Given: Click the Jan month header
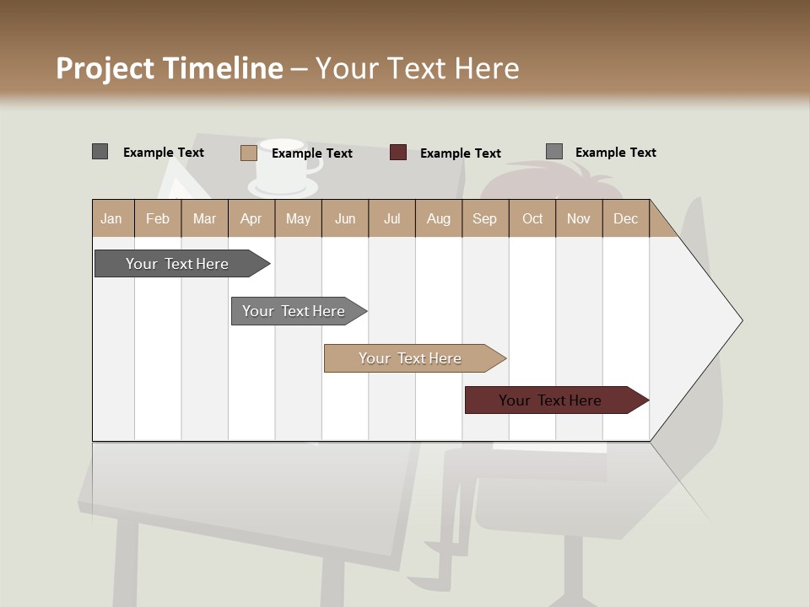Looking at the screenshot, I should pyautogui.click(x=112, y=218).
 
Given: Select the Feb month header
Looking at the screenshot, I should pyautogui.click(x=158, y=218).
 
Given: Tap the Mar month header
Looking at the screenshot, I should pyautogui.click(x=204, y=218).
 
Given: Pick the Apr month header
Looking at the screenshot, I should pyautogui.click(x=251, y=218).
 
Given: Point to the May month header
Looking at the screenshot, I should pyautogui.click(x=298, y=218).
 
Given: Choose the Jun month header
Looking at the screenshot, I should pyautogui.click(x=345, y=218).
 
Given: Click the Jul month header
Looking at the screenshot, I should pyautogui.click(x=391, y=218).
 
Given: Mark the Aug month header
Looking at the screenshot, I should pyautogui.click(x=439, y=218).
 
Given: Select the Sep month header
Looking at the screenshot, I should pyautogui.click(x=485, y=218).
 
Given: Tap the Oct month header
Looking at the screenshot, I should pyautogui.click(x=532, y=218).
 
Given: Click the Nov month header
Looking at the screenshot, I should pyautogui.click(x=579, y=218).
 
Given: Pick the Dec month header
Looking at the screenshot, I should pyautogui.click(x=626, y=218).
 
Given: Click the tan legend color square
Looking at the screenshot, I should pyautogui.click(x=248, y=153).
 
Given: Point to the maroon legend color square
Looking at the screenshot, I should pyautogui.click(x=398, y=153).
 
